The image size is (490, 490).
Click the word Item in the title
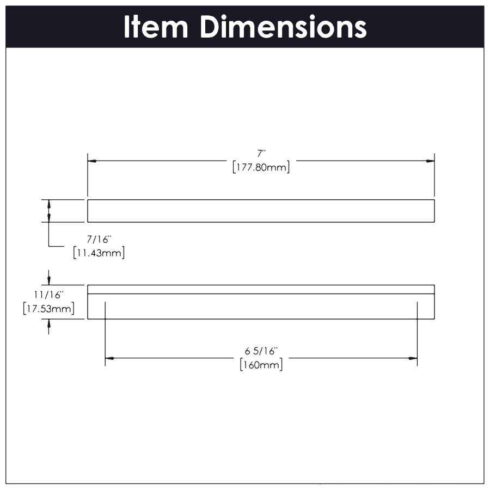click(156, 27)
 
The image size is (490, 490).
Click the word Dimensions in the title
click(283, 27)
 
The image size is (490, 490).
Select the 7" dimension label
click(261, 154)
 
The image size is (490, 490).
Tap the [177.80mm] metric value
click(261, 168)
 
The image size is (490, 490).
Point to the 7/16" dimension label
click(99, 239)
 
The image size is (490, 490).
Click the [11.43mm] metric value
click(99, 253)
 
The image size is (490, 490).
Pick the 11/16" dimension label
click(49, 295)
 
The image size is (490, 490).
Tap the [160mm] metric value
click(261, 365)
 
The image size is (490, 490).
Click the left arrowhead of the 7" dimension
click(92, 161)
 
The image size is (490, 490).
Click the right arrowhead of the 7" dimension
click(430, 161)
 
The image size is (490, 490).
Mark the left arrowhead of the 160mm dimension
click(109, 358)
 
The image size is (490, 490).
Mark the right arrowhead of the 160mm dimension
click(413, 358)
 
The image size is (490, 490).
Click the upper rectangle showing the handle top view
click(261, 211)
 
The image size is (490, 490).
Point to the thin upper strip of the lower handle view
click(261, 289)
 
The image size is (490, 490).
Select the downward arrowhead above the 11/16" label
click(49, 281)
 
